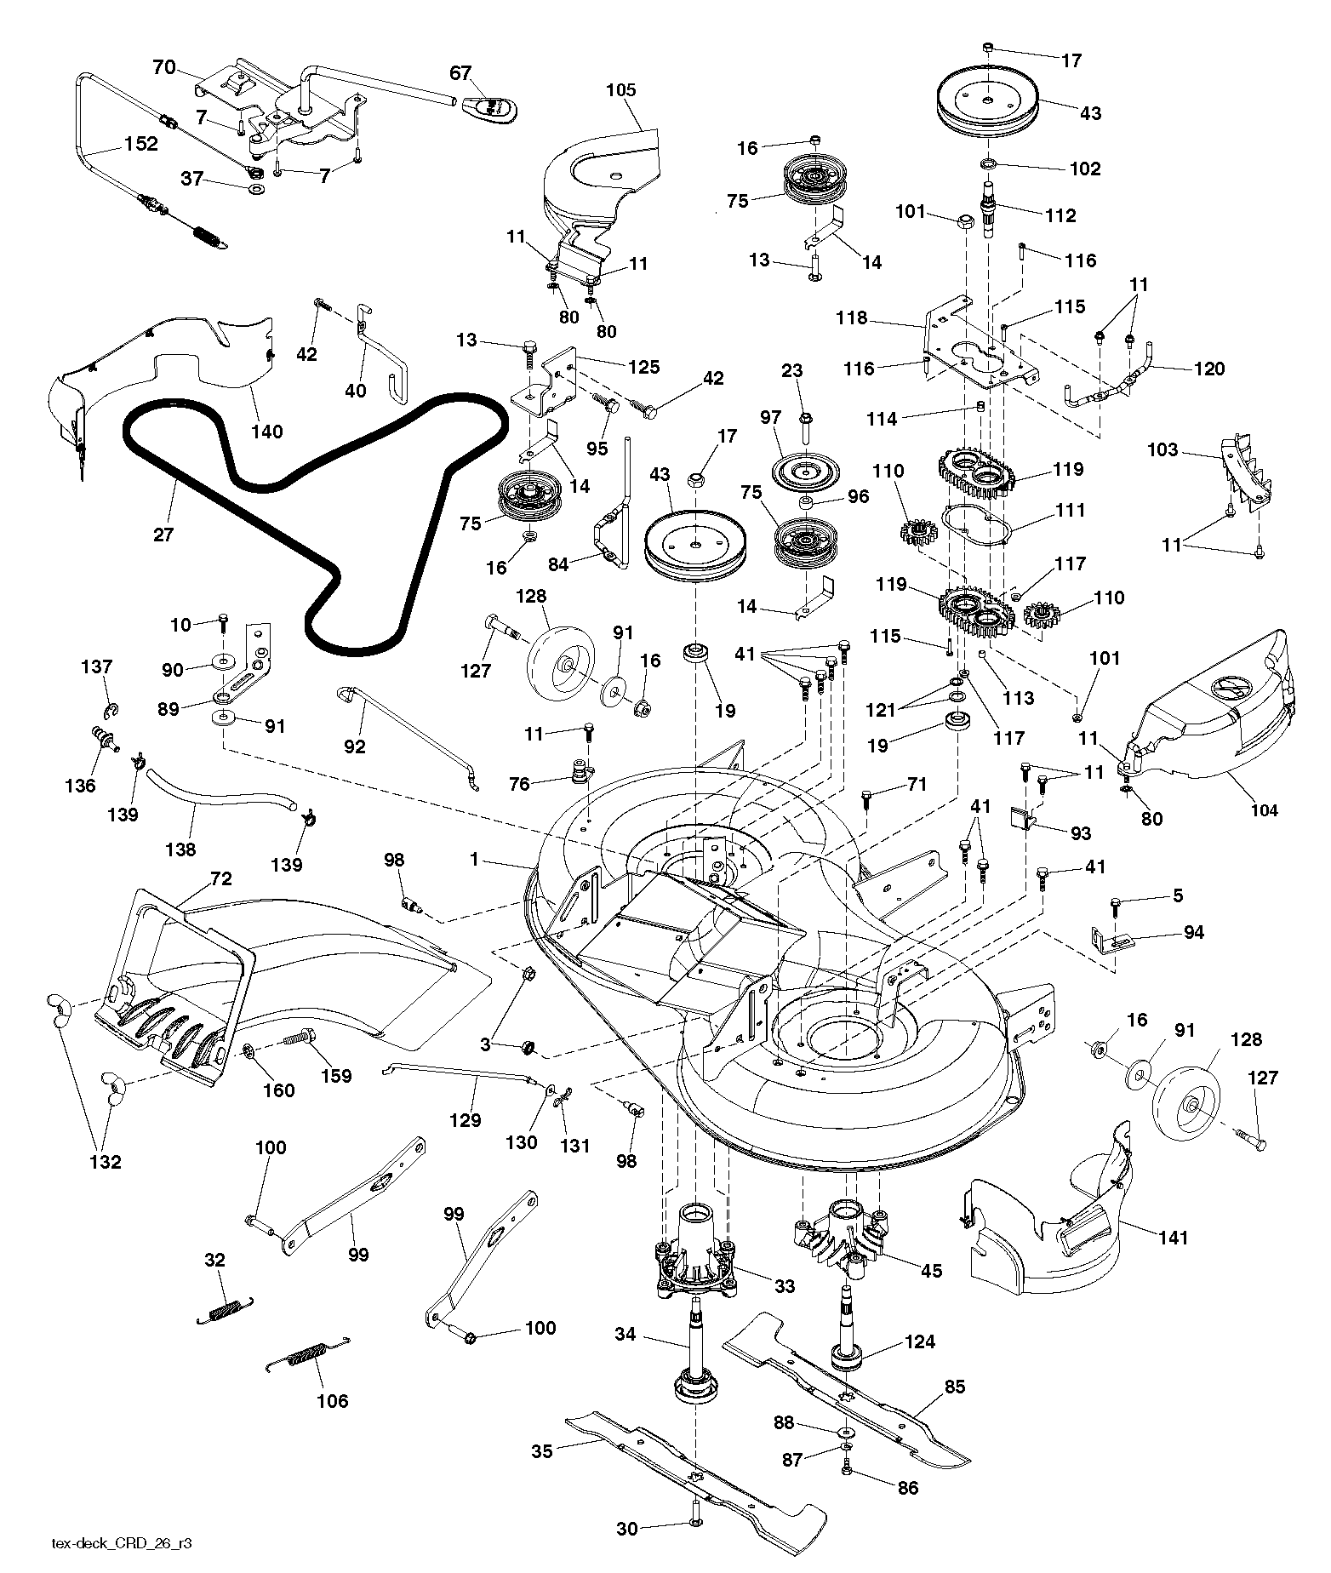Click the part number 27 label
(x=163, y=535)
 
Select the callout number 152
(x=141, y=144)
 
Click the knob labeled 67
(x=493, y=108)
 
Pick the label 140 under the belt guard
(x=266, y=432)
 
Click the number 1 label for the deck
(x=474, y=860)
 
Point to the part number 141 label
(x=1174, y=1238)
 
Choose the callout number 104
(x=1264, y=809)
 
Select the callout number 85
(x=955, y=1387)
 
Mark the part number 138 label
(x=180, y=849)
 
